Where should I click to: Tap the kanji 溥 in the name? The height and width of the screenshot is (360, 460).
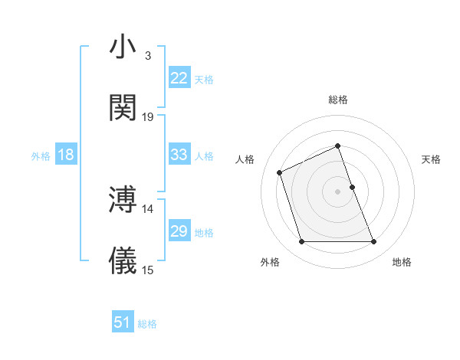pos(123,199)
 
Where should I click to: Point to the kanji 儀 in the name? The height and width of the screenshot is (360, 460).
pos(123,260)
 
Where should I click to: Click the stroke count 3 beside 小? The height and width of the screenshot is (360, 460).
pos(147,56)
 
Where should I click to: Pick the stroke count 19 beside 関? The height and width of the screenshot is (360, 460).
pos(148,116)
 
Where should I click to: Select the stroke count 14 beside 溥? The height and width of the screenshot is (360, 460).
pos(148,208)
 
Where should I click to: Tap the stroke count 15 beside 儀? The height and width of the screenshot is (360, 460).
pos(148,270)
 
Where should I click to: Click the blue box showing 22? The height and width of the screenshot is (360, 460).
pos(179,78)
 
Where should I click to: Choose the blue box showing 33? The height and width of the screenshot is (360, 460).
pos(179,155)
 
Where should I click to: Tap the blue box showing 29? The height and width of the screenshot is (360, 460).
pos(179,231)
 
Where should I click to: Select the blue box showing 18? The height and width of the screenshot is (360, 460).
pos(66,155)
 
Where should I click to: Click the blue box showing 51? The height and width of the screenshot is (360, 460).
pos(123,323)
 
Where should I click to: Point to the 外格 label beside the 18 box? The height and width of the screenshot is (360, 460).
pos(41,156)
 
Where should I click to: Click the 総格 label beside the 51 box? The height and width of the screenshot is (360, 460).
pos(147,324)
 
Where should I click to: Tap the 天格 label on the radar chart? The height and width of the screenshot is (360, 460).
pos(432,159)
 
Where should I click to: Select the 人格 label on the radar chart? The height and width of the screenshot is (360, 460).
pos(245,159)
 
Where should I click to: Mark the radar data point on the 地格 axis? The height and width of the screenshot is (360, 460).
pos(374,242)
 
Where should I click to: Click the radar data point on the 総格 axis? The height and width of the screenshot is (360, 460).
pos(337,146)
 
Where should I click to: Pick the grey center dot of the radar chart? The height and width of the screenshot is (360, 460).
pos(337,191)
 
